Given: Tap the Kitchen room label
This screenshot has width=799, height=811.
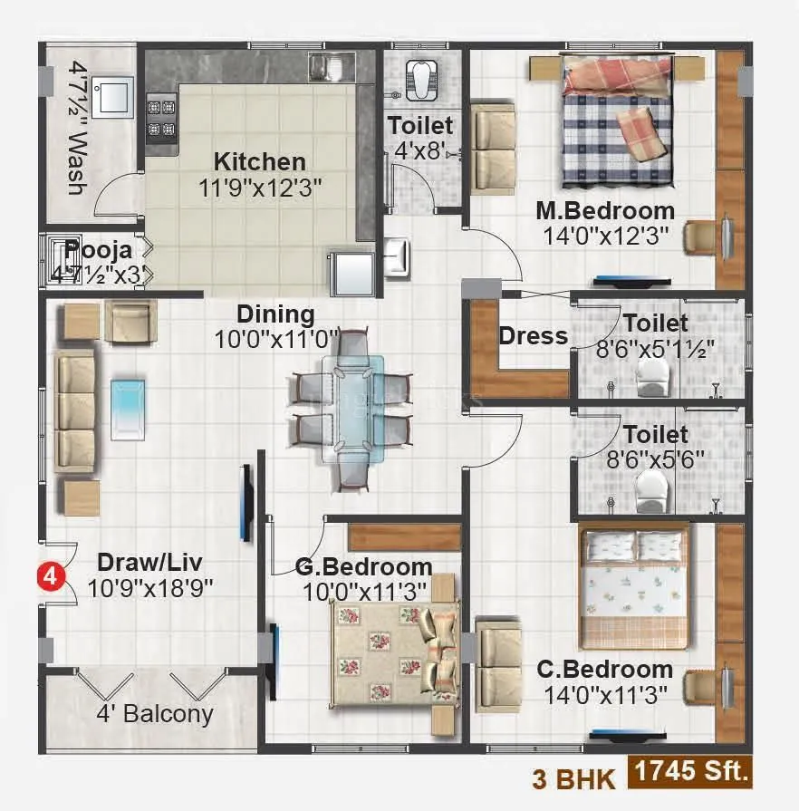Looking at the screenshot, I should [259, 162].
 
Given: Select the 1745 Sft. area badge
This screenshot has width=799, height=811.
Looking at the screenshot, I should [692, 773].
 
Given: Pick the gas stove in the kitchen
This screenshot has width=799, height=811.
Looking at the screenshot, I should [162, 117].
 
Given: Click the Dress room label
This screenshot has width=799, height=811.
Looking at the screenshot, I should [534, 336].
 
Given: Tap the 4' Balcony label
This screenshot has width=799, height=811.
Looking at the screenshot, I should [155, 714].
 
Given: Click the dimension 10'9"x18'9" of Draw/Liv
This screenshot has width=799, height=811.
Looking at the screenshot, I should [150, 587].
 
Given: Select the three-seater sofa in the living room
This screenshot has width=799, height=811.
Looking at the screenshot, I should [76, 412].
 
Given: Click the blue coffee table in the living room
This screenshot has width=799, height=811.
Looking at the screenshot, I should [127, 409].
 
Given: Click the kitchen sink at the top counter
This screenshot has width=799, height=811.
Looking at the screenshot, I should [322, 66].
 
